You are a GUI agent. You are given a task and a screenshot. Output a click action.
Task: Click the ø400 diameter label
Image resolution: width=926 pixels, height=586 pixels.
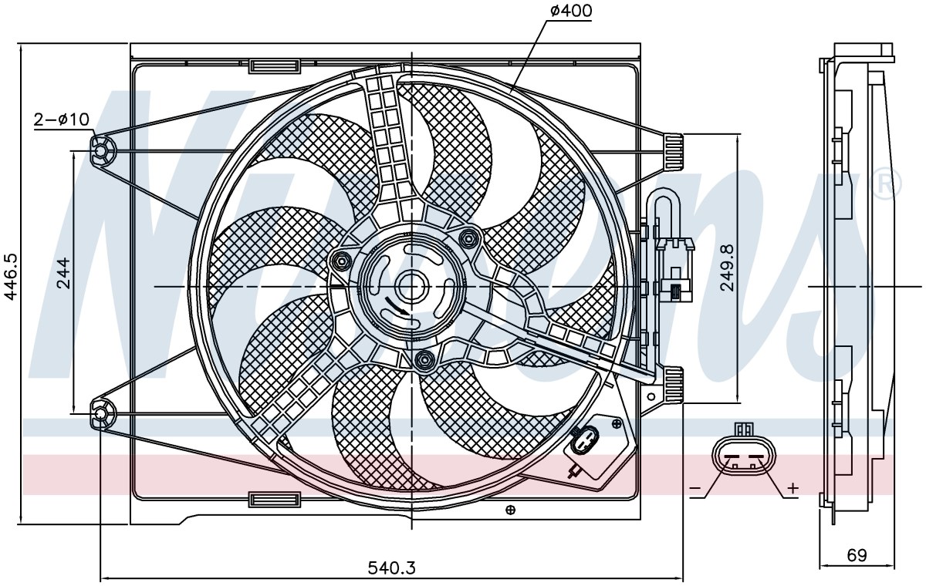(x=571, y=11)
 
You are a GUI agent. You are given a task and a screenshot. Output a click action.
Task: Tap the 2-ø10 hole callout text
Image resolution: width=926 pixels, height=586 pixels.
(x=62, y=120)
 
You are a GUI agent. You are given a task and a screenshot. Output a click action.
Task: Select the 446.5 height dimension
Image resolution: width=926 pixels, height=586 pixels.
(x=12, y=277)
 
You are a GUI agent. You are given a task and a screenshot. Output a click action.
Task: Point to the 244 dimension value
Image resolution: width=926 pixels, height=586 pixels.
(x=63, y=273)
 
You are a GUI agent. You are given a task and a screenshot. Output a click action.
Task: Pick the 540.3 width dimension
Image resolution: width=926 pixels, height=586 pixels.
(x=391, y=567)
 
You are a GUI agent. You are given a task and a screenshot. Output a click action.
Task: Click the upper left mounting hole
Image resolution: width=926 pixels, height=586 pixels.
(x=100, y=150)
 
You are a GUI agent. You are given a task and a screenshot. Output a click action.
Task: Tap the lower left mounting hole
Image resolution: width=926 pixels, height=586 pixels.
(x=100, y=414)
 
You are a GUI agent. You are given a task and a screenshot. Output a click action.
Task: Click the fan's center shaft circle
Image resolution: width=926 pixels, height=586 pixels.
(x=411, y=287)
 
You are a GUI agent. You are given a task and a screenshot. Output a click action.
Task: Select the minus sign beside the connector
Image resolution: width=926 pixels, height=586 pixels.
(x=695, y=489)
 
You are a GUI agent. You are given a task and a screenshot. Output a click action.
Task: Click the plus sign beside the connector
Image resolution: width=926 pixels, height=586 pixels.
(x=793, y=488)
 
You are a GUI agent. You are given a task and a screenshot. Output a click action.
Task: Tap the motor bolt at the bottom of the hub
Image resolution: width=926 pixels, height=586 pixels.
(x=424, y=360)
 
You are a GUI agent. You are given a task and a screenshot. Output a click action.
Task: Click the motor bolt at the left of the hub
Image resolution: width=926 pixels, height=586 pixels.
(x=341, y=261)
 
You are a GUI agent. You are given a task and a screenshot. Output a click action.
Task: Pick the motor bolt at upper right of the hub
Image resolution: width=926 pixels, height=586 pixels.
(x=468, y=237)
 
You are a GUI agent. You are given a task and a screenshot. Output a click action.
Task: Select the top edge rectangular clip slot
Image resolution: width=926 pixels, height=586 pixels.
(x=274, y=66)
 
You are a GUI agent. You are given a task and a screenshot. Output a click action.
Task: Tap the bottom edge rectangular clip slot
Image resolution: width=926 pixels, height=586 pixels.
(x=274, y=500)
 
